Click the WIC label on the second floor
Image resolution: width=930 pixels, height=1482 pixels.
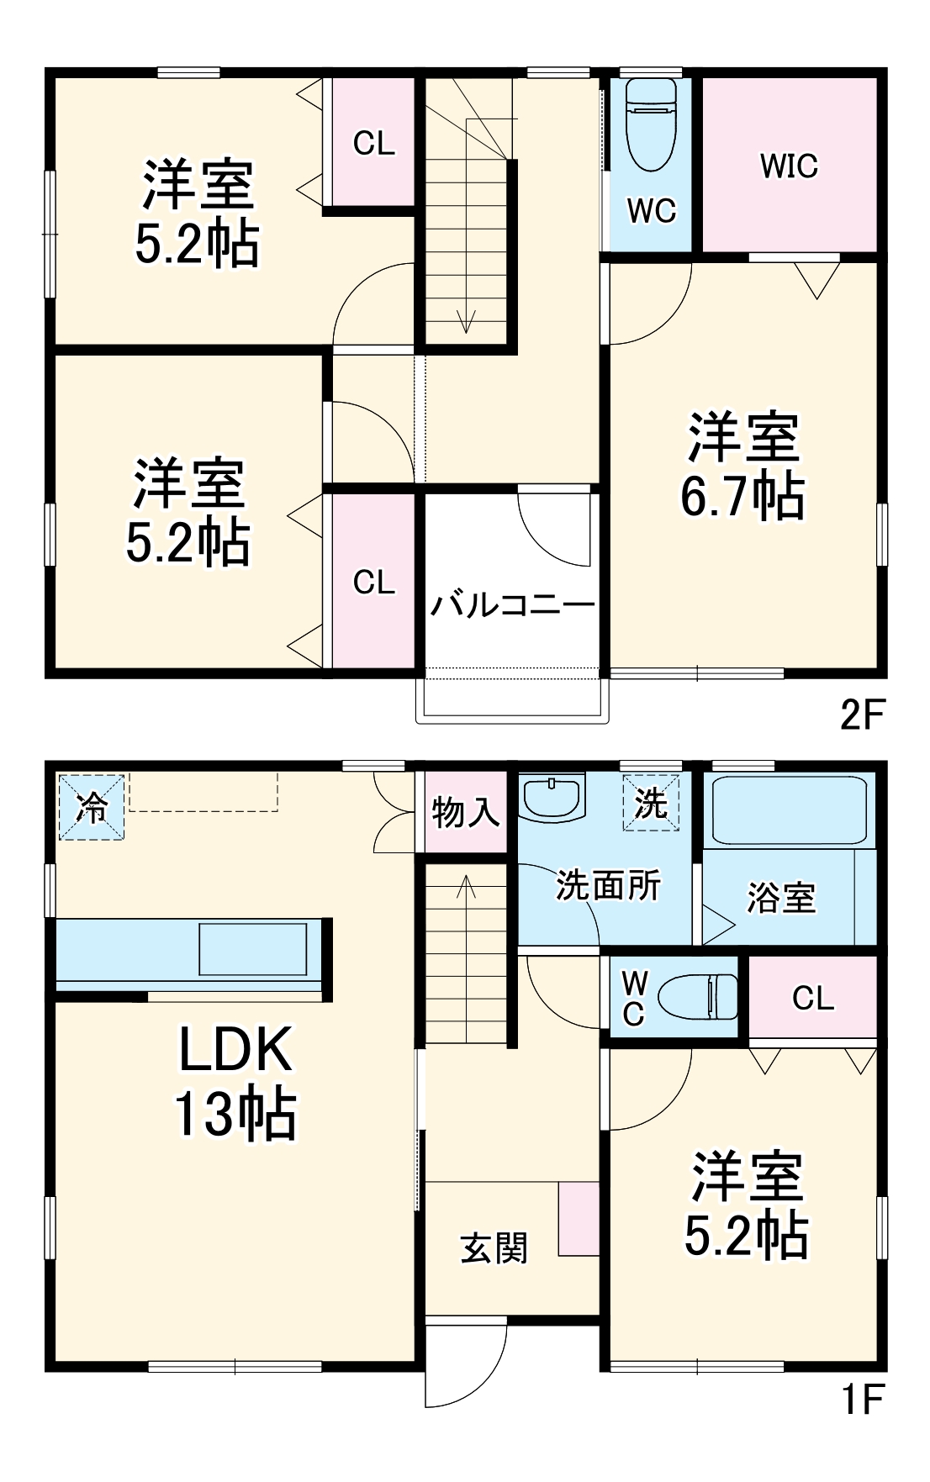[x=789, y=166]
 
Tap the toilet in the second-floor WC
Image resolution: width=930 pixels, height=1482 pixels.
[x=651, y=126]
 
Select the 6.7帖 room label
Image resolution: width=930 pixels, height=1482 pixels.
[x=742, y=467]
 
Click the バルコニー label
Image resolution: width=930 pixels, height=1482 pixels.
[x=512, y=604]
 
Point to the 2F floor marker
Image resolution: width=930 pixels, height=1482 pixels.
[x=863, y=715]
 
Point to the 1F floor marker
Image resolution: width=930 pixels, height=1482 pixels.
[x=863, y=1400]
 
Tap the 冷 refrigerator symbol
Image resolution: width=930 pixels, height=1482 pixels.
[x=92, y=807]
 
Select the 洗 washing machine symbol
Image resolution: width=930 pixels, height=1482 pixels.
[x=651, y=804]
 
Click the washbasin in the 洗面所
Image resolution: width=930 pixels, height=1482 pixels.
[x=552, y=798]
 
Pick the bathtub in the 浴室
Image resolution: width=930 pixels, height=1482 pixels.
[x=789, y=810]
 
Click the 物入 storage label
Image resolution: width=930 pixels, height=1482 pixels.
[x=465, y=812]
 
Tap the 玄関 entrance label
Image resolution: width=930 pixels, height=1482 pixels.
[x=494, y=1248]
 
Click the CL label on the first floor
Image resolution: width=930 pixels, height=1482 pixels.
[x=812, y=998]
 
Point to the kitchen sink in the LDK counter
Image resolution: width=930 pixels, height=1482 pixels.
[x=252, y=949]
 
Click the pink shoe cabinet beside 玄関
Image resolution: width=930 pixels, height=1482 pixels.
[x=579, y=1219]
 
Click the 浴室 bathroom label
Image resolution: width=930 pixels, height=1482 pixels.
[x=781, y=898]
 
